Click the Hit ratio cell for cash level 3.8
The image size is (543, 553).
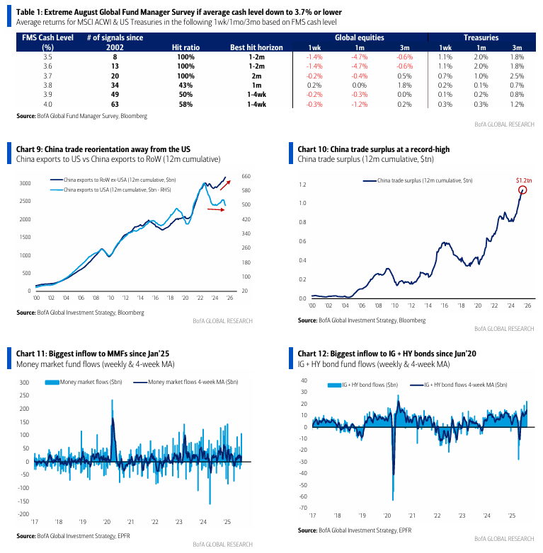(185, 86)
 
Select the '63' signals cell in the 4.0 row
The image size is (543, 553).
(115, 105)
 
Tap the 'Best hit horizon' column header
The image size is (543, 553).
(256, 47)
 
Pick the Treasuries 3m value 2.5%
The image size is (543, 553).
(517, 76)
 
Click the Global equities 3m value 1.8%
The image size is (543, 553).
(404, 86)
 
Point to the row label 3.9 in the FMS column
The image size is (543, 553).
(47, 95)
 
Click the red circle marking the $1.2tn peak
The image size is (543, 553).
(522, 190)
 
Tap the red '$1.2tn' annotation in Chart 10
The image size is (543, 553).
(524, 180)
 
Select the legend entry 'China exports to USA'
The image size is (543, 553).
(110, 190)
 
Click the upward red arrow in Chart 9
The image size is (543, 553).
(225, 185)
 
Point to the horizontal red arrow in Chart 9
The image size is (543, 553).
(216, 209)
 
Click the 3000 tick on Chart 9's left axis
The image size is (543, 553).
(25, 183)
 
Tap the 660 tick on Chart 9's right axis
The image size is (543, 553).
(246, 176)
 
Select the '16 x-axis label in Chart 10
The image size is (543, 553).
(444, 305)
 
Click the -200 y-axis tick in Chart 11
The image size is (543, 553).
(23, 514)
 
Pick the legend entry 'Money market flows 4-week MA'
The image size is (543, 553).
(185, 382)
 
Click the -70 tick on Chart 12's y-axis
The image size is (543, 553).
(303, 508)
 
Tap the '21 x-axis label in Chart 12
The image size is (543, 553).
(412, 516)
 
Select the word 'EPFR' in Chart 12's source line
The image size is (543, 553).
(405, 530)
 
